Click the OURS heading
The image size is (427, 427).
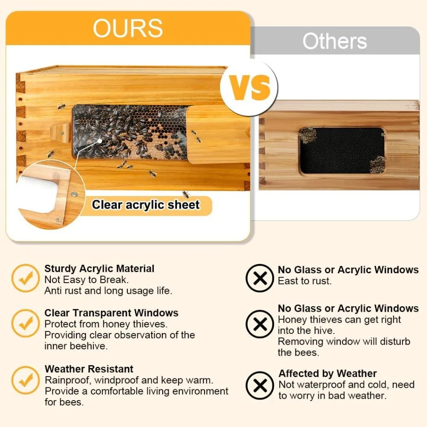pyautogui.click(x=128, y=28)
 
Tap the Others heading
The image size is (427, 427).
pyautogui.click(x=335, y=41)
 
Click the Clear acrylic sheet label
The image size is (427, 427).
pyautogui.click(x=146, y=205)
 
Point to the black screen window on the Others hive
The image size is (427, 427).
pyautogui.click(x=342, y=150)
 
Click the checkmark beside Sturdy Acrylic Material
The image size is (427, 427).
pyautogui.click(x=25, y=278)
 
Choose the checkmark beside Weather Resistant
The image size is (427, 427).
pyautogui.click(x=25, y=380)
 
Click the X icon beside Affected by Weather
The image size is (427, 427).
pyautogui.click(x=260, y=386)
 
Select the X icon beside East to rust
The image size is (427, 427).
pyautogui.click(x=260, y=278)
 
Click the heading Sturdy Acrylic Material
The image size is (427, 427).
pyautogui.click(x=99, y=269)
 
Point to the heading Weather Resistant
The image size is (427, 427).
pyautogui.click(x=89, y=369)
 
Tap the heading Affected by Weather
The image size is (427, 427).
pyautogui.click(x=328, y=374)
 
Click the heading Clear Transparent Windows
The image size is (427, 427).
pyautogui.click(x=111, y=313)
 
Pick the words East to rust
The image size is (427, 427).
pyautogui.click(x=304, y=281)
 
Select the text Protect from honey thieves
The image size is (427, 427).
pyautogui.click(x=105, y=324)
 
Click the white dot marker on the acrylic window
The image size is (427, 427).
pyautogui.click(x=99, y=140)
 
